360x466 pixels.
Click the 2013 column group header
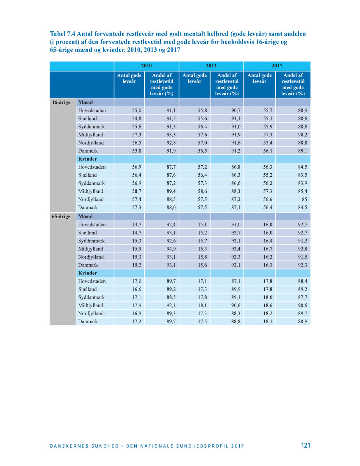pos(211,66)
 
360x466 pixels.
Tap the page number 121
pos(305,445)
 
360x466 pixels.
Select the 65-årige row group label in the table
pos(61,216)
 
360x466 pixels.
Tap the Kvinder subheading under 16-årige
pos(88,159)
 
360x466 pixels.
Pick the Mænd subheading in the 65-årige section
pos(86,216)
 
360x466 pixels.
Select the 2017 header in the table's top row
pos(277,66)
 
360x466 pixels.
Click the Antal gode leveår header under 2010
pos(129,78)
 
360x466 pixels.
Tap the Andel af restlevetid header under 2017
pos(293,84)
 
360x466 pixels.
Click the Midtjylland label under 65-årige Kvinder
pos(90,305)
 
